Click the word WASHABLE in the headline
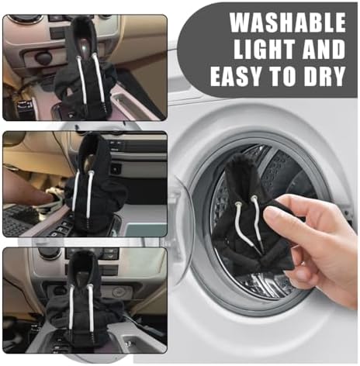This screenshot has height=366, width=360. [288, 22]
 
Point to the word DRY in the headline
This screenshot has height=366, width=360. [324, 77]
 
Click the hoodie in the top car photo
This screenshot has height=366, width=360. [85, 70]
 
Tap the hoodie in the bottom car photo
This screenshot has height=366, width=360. [83, 300]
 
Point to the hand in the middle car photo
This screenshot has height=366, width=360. [29, 188]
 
